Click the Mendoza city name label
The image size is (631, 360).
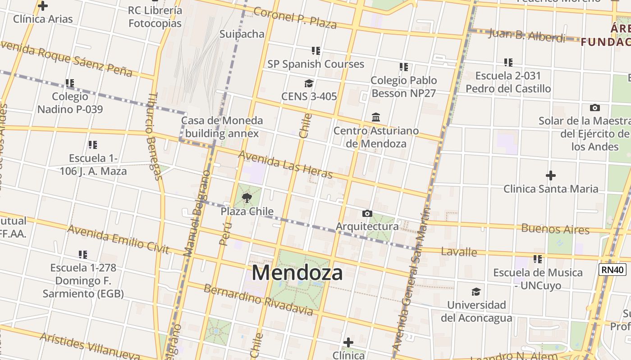click(x=297, y=273)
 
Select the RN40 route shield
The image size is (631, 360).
click(x=613, y=270)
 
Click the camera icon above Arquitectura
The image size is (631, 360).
click(x=367, y=213)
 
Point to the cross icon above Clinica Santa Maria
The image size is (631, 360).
click(x=550, y=175)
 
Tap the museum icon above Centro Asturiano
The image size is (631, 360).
click(x=376, y=117)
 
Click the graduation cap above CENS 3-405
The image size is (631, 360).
click(x=309, y=83)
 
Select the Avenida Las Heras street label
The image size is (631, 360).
click(x=285, y=164)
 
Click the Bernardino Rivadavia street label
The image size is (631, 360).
click(x=258, y=300)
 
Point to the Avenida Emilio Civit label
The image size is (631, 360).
click(x=118, y=239)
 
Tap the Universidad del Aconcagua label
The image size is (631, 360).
click(x=476, y=311)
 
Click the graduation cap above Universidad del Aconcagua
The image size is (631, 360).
click(x=476, y=292)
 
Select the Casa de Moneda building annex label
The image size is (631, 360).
click(x=222, y=127)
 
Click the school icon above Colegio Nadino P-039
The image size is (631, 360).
click(x=70, y=83)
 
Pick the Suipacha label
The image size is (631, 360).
click(x=242, y=34)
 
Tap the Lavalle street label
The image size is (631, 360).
click(x=459, y=252)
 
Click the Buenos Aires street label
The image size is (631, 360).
click(x=555, y=229)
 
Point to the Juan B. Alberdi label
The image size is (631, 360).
click(x=526, y=35)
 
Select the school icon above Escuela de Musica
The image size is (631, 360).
click(x=537, y=259)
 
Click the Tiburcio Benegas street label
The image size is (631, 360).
click(x=154, y=136)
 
